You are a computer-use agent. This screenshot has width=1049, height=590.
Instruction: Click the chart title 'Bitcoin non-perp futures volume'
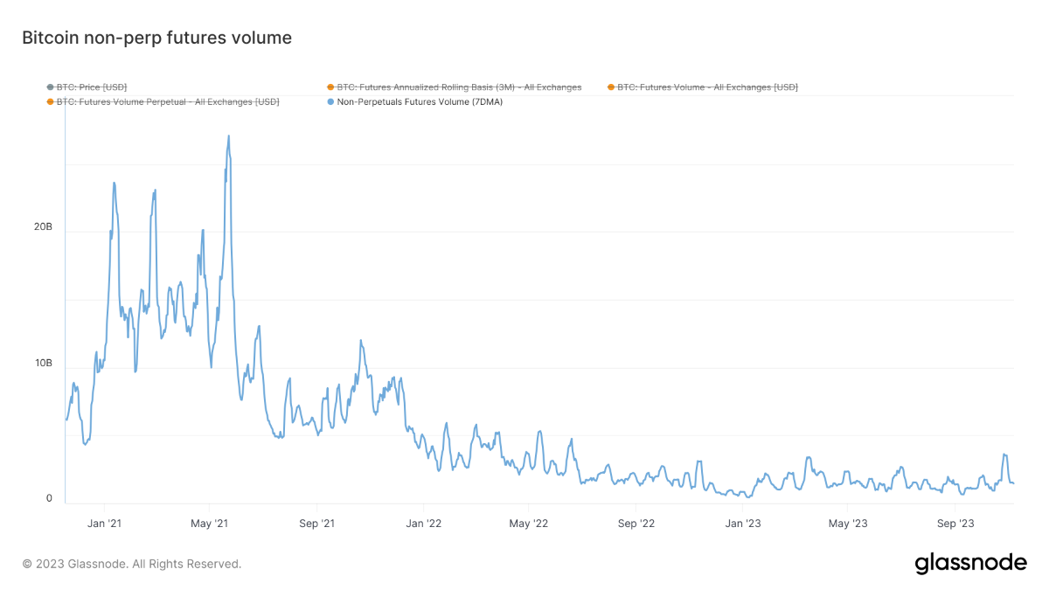156,38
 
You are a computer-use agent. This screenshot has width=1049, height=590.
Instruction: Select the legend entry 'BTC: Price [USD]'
92,87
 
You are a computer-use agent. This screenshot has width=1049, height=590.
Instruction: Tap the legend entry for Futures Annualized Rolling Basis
459,87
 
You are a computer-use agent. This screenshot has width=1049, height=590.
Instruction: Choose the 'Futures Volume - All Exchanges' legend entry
707,87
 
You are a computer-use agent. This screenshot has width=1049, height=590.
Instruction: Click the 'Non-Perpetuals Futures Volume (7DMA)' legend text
420,101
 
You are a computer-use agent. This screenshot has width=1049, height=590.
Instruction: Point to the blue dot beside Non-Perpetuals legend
330,101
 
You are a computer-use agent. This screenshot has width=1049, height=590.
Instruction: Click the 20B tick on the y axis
43,226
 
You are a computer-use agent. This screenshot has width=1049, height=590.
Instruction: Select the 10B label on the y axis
43,363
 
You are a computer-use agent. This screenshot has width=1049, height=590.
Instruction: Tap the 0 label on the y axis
49,498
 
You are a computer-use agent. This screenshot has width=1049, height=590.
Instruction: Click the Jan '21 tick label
104,524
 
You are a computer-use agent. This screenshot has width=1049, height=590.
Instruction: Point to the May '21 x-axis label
209,524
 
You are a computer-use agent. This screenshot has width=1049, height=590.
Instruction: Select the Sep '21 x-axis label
316,524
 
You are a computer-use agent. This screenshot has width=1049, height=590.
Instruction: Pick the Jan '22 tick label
422,524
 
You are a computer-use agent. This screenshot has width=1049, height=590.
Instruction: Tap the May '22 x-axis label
528,524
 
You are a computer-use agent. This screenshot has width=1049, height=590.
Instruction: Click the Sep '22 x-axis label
636,524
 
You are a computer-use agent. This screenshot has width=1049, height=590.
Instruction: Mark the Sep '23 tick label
955,524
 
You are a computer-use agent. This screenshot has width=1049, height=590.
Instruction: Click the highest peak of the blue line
229,136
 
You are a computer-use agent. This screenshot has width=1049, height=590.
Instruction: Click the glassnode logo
970,564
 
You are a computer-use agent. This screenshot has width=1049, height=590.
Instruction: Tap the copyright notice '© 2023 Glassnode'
131,564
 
